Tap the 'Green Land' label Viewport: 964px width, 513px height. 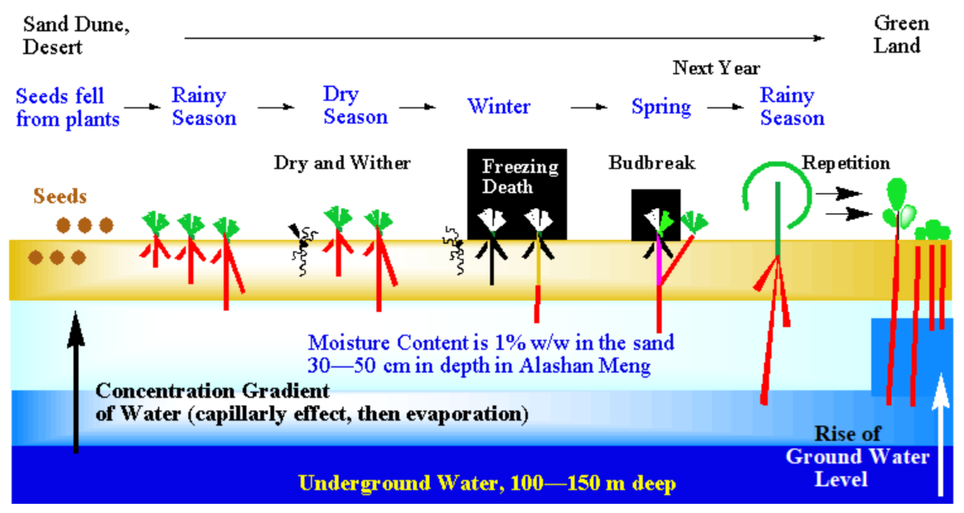pos(901,35)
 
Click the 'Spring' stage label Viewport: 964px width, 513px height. pos(661,108)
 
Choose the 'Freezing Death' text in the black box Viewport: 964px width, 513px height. pos(520,176)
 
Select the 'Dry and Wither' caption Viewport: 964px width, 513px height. pos(342,163)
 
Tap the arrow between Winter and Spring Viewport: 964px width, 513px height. pos(589,107)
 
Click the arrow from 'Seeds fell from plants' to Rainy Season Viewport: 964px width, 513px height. pos(142,107)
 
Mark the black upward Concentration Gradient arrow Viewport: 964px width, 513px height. pos(76,382)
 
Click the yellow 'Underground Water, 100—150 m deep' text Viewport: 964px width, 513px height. pos(487,483)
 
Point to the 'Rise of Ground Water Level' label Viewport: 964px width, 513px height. pos(857,457)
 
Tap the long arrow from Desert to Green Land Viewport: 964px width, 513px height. pos(504,38)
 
